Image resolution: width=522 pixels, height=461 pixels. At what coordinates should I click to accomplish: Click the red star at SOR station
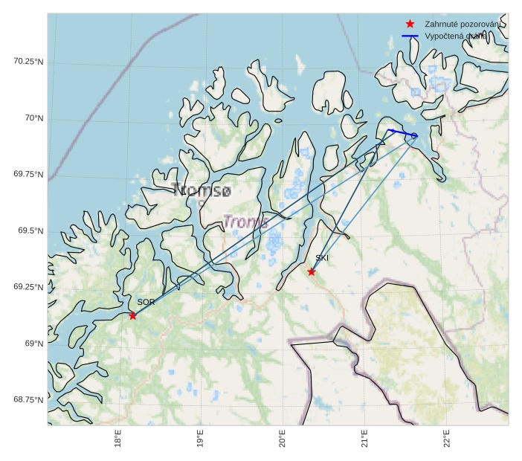pos(133,316)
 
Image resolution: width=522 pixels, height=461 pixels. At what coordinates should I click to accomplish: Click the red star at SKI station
pos(312,272)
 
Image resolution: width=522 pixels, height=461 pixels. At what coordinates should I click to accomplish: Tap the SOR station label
pos(146,302)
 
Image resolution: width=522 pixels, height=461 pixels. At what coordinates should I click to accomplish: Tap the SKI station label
pos(322,258)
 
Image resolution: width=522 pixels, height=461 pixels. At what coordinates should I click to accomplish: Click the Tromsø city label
pos(201,191)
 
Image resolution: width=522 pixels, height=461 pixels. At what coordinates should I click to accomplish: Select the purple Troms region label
pos(246,222)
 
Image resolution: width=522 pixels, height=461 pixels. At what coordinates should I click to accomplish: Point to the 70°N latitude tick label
pos(33,118)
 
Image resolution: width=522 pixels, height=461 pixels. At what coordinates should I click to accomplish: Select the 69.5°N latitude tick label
pos(30,230)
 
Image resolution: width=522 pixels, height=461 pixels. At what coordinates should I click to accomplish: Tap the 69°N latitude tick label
pos(33,344)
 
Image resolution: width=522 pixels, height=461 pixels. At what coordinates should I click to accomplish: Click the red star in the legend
pos(410,25)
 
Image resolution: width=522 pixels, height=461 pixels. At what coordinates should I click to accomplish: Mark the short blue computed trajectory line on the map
pos(402,133)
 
